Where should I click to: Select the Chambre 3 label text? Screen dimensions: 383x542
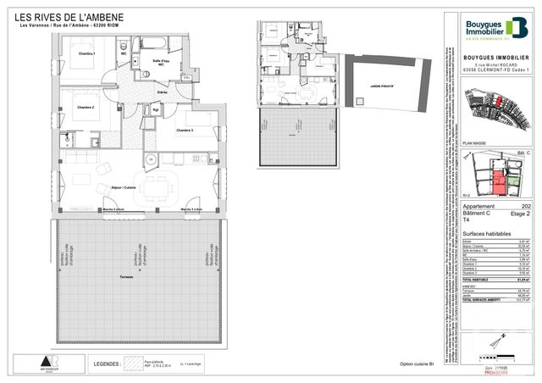(185, 130)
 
